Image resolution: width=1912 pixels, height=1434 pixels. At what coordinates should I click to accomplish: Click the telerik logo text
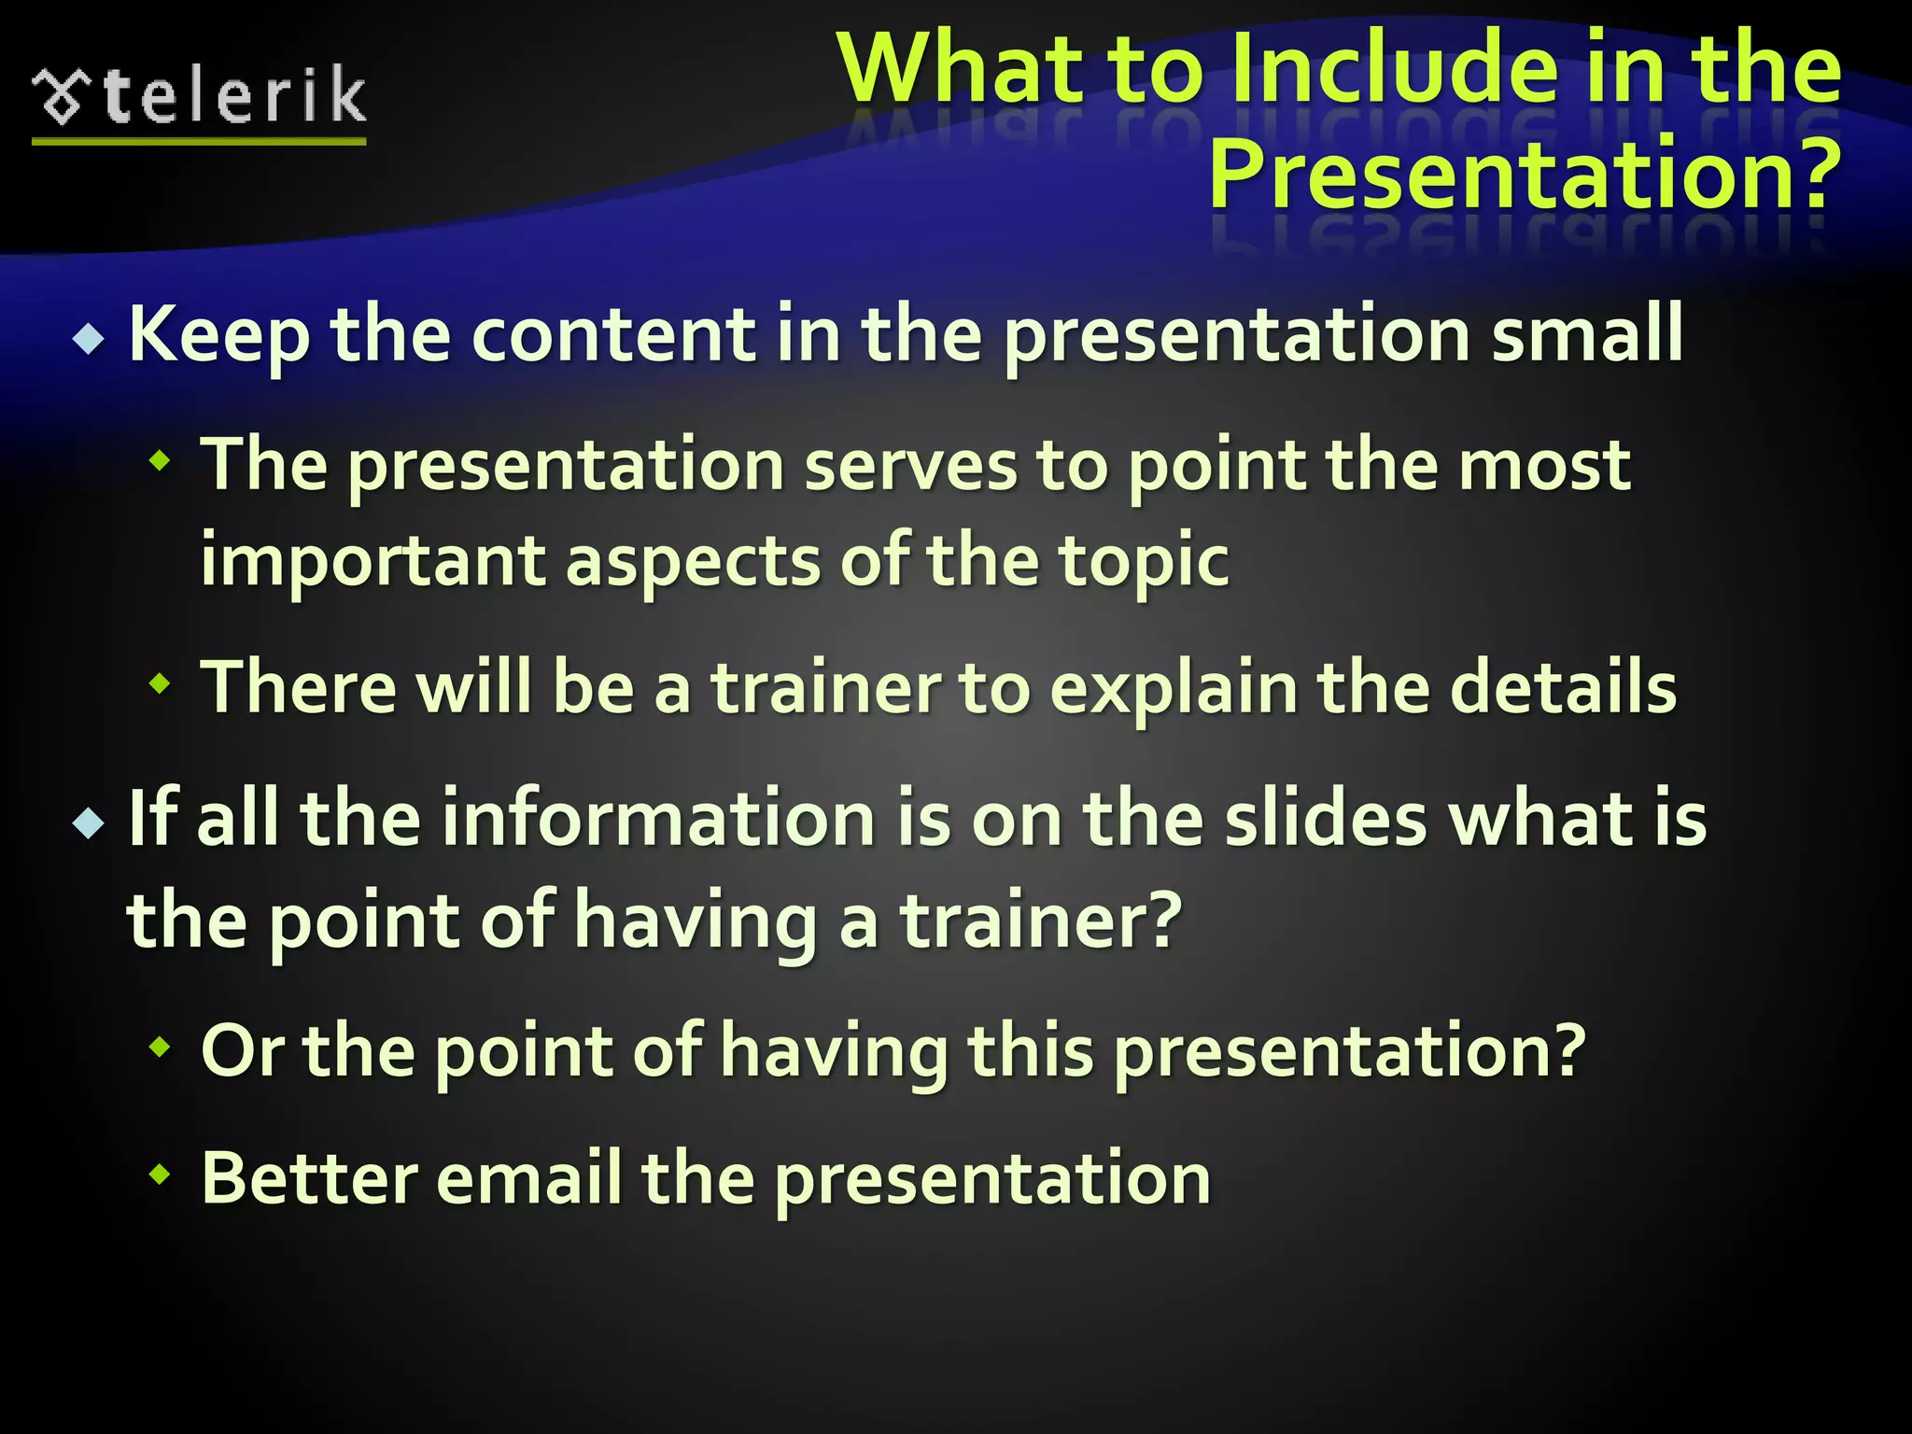point(235,96)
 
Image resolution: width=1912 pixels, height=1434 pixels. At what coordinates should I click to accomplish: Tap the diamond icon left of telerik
point(62,96)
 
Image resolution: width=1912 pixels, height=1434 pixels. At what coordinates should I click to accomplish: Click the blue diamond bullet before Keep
point(89,338)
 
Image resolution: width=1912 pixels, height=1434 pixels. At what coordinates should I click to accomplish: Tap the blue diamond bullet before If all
point(89,822)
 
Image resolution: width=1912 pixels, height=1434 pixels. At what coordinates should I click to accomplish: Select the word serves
point(910,466)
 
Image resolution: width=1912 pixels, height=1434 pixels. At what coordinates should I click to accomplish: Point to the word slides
point(1326,819)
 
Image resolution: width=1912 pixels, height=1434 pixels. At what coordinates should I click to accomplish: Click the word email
point(528,1179)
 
